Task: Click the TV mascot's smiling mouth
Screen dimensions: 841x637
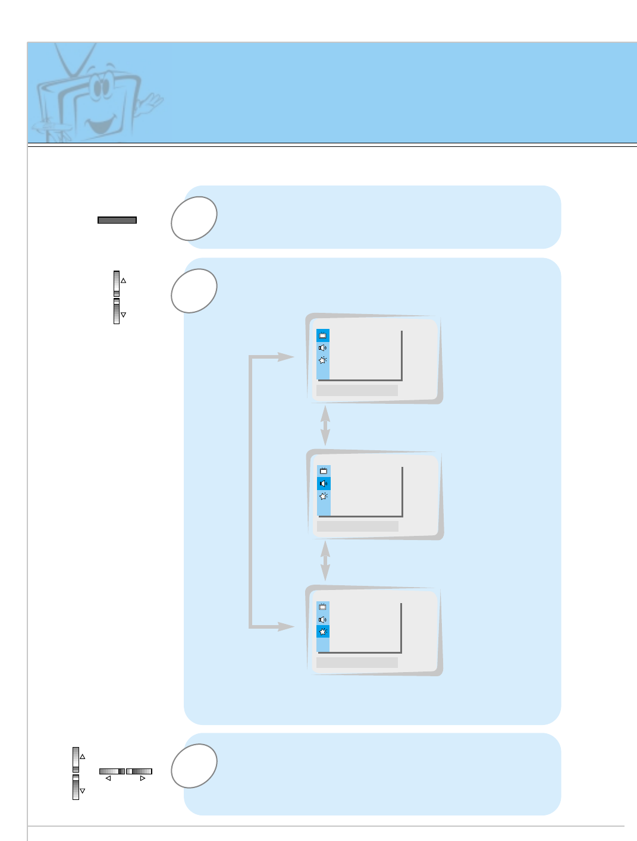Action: [x=102, y=125]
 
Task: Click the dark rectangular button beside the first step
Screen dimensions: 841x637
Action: [x=117, y=220]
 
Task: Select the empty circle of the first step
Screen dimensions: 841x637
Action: [x=194, y=218]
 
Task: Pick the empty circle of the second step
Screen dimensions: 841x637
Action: [x=194, y=291]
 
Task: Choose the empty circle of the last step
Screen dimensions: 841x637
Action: [x=194, y=766]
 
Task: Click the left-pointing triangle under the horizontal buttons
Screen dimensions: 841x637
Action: [x=108, y=778]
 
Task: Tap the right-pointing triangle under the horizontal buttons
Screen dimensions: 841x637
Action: [x=143, y=778]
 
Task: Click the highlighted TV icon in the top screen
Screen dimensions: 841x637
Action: [x=323, y=335]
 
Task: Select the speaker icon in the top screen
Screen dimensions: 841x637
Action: [x=322, y=348]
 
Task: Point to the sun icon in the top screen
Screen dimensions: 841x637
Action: [x=322, y=360]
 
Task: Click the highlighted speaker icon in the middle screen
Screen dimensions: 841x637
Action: [x=324, y=484]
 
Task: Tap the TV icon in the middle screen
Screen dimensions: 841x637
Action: [x=324, y=471]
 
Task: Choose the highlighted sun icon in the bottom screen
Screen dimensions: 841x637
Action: [x=323, y=632]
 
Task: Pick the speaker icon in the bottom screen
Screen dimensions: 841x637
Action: [x=322, y=620]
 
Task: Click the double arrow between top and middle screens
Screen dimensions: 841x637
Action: [x=325, y=426]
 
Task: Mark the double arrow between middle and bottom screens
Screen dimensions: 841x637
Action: [x=325, y=561]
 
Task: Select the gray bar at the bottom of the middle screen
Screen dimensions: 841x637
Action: [x=357, y=526]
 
